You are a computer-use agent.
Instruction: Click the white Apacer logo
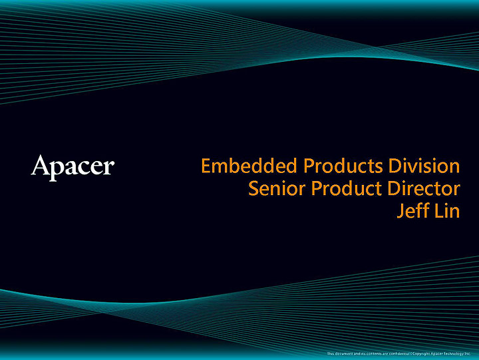(x=73, y=166)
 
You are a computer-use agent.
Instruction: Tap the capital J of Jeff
(x=400, y=212)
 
